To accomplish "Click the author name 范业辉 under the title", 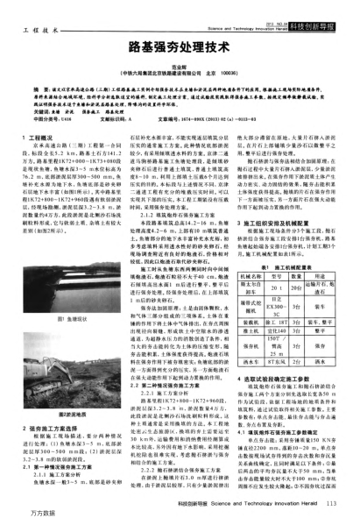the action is pos(180,60).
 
